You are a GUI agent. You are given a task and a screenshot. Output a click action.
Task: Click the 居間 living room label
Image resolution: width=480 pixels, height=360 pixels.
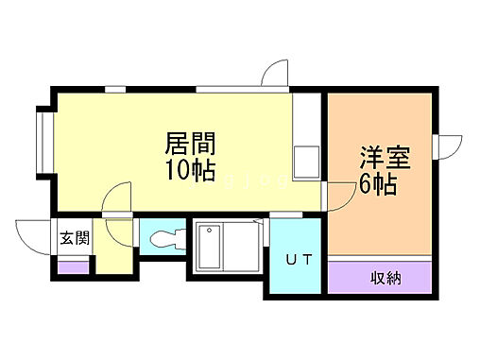(191, 145)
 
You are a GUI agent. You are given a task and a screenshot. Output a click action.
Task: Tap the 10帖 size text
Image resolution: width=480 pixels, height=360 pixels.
(191, 172)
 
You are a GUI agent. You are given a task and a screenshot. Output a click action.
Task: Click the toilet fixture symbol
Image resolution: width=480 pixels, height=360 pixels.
(164, 237)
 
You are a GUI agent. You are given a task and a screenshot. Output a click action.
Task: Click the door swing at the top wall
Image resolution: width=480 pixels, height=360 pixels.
(275, 75)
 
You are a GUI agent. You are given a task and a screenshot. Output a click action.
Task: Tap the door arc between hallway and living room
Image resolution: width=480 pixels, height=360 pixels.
(119, 199)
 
